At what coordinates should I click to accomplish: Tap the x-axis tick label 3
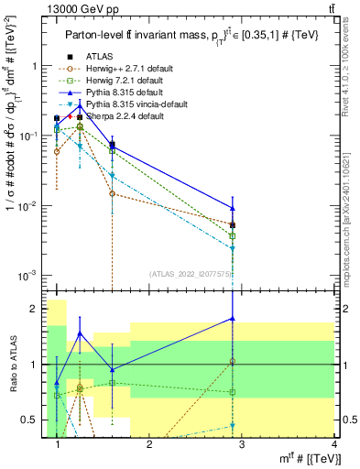click(x=241, y=445)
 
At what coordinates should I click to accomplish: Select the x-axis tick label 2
click(x=149, y=445)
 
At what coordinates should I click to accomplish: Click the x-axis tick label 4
click(x=333, y=445)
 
